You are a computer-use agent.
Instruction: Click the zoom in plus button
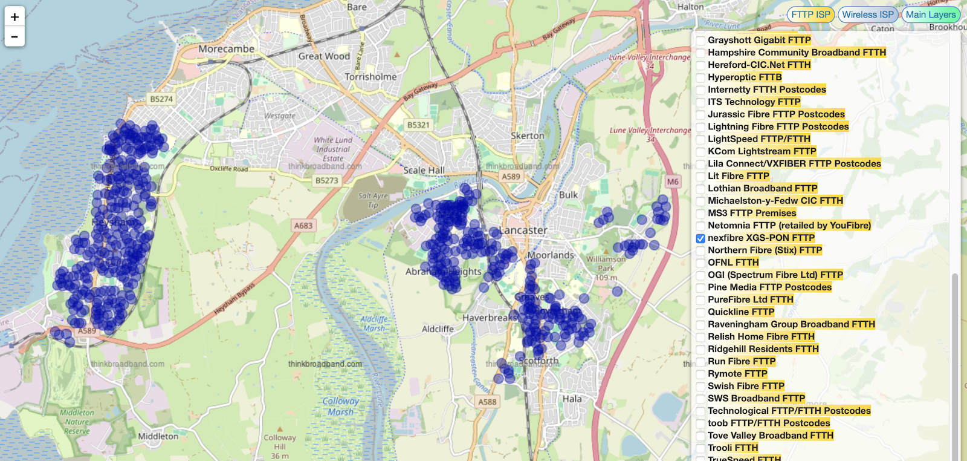15,16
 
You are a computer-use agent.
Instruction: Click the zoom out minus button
15,37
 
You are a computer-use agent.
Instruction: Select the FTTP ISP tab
810,15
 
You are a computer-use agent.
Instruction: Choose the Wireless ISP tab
867,15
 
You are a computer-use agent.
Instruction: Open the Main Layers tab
930,15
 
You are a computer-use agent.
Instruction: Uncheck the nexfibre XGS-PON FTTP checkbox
700,238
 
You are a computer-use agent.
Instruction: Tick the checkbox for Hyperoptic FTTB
700,77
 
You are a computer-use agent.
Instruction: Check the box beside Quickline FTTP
700,312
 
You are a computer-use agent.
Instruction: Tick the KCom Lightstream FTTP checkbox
700,152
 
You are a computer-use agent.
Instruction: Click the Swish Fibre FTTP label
746,386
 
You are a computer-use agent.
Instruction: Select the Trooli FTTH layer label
733,448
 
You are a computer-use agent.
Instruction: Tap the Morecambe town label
226,49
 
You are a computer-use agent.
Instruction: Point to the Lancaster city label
523,230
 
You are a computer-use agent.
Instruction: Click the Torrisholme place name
370,77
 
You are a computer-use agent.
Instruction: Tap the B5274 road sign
161,99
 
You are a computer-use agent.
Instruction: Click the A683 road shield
303,226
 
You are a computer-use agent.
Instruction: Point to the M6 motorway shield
673,181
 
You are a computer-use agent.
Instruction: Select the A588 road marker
487,402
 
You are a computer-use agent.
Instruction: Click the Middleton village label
158,436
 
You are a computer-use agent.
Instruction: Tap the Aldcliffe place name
438,329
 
